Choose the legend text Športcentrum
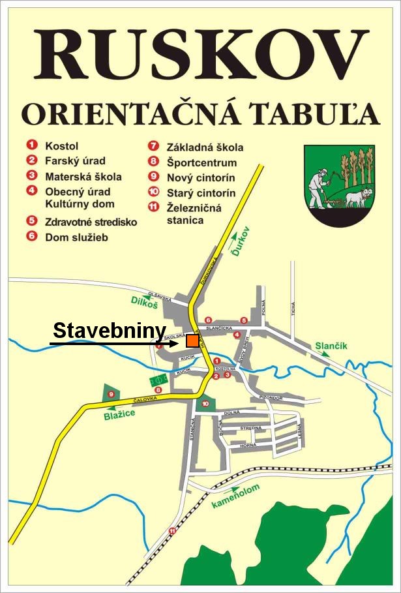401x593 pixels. pyautogui.click(x=201, y=162)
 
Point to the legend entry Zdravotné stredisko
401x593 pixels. pyautogui.click(x=91, y=222)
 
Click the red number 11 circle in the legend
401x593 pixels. pyautogui.click(x=154, y=207)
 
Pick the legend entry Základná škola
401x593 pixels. pyautogui.click(x=205, y=147)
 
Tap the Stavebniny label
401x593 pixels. pyautogui.click(x=109, y=331)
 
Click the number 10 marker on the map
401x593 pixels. pyautogui.click(x=205, y=404)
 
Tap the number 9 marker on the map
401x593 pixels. pyautogui.click(x=111, y=394)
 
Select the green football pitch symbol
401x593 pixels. pyautogui.click(x=158, y=378)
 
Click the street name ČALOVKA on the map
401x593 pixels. pyautogui.click(x=145, y=399)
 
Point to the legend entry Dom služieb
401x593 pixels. pyautogui.click(x=76, y=237)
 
